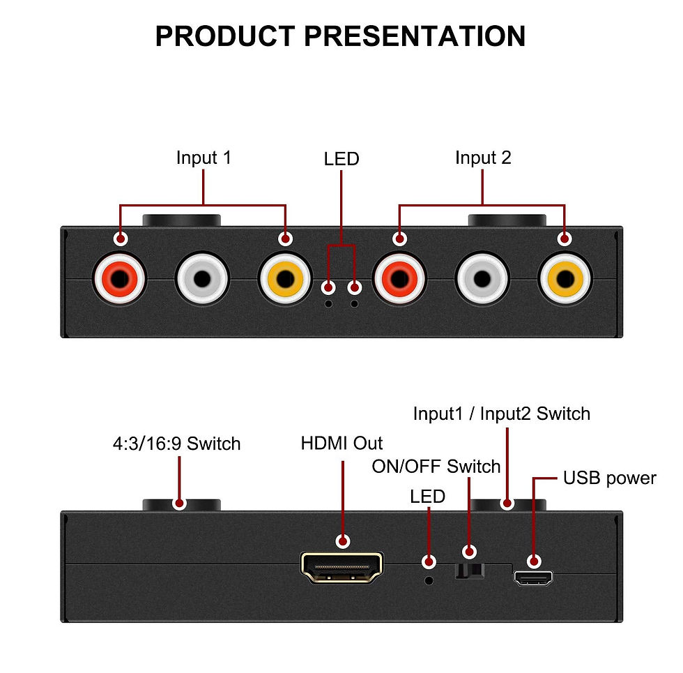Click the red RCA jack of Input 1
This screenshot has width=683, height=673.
[x=119, y=279]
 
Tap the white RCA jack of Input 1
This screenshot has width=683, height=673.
[x=202, y=279]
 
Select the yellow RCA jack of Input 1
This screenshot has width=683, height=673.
[x=285, y=279]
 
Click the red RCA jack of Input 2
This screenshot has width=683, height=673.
[x=399, y=279]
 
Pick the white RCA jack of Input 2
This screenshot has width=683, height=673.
[x=482, y=279]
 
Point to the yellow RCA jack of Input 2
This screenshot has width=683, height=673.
[x=565, y=279]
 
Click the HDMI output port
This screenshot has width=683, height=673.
[x=342, y=568]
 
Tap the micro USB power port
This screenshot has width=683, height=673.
[x=533, y=578]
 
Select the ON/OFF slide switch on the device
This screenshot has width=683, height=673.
[x=470, y=571]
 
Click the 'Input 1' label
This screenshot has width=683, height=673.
[x=204, y=158]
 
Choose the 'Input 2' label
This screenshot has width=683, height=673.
[x=482, y=158]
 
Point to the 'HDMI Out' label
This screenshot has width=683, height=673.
[x=341, y=444]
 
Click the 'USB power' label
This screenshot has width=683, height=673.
[x=609, y=478]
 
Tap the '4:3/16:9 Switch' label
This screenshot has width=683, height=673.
[x=176, y=444]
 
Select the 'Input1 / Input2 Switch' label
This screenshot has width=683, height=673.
[x=502, y=414]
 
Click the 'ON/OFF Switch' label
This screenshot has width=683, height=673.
[x=436, y=467]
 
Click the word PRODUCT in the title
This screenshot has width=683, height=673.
[x=225, y=36]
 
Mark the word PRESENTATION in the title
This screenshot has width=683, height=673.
[x=415, y=36]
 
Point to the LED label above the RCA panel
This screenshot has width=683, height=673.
[x=341, y=159]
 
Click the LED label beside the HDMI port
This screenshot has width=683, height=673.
[x=427, y=497]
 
